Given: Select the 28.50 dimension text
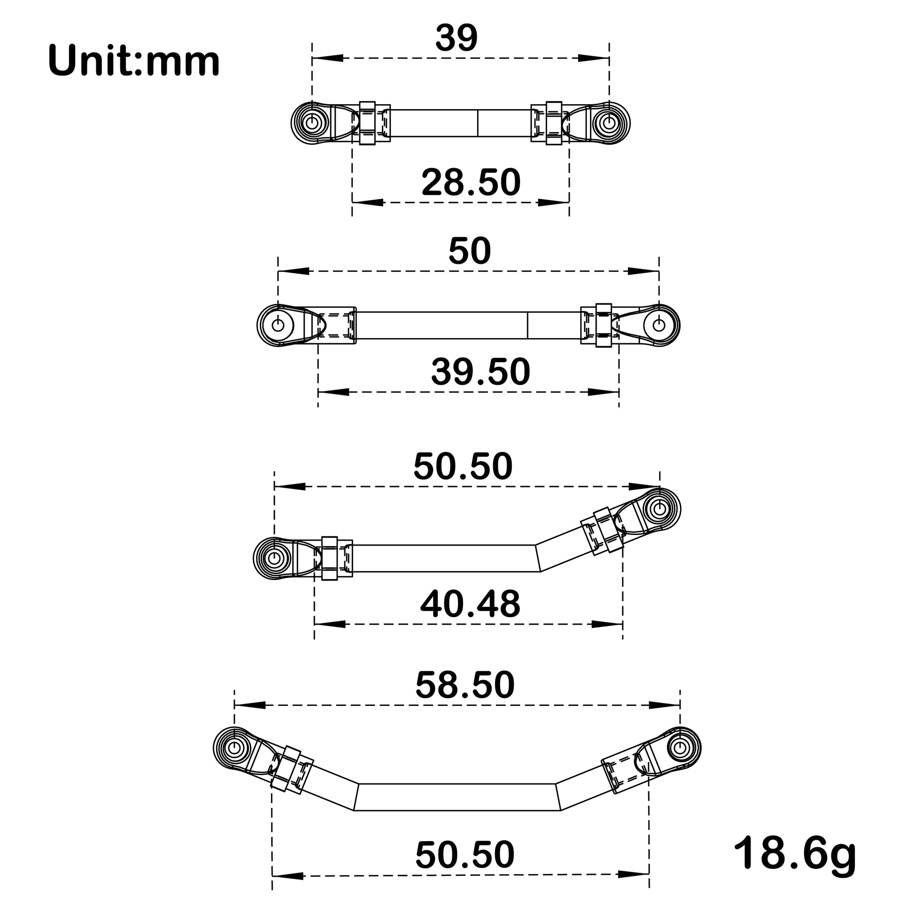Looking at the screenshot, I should click(471, 183).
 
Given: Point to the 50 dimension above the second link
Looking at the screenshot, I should click(469, 252).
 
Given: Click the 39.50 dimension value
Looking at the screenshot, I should click(480, 372).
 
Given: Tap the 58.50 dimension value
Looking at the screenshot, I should click(465, 684).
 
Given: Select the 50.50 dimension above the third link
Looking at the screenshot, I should click(463, 466).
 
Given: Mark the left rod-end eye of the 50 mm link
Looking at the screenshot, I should click(278, 325).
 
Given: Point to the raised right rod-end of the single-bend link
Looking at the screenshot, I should click(659, 509).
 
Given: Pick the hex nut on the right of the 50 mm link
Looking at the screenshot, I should click(603, 325).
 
